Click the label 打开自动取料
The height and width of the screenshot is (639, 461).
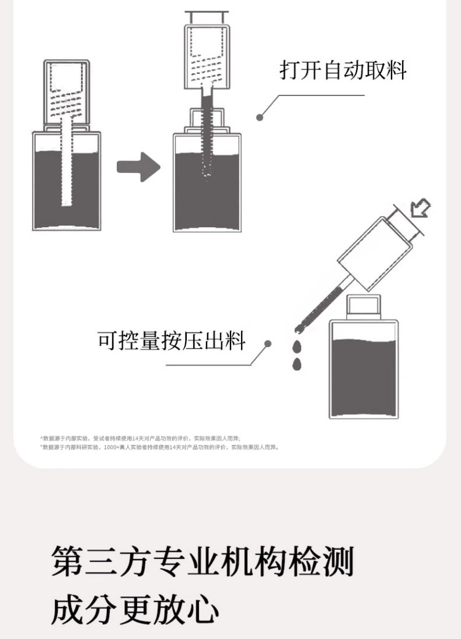click(x=343, y=70)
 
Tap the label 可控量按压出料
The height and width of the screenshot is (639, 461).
click(x=171, y=340)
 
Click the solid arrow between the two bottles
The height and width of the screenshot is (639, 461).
click(x=138, y=167)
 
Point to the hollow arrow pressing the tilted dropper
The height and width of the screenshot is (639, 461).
click(x=420, y=207)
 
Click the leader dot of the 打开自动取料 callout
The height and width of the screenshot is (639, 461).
click(x=260, y=116)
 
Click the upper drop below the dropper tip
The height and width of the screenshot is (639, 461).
click(x=297, y=346)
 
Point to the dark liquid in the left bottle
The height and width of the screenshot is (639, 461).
click(x=66, y=191)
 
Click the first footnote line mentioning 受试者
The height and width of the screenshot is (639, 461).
click(x=140, y=438)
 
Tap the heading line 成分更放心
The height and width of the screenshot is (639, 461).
click(x=135, y=610)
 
